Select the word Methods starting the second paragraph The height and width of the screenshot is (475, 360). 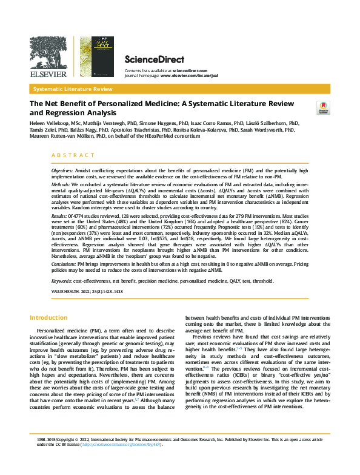tap(61, 183)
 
